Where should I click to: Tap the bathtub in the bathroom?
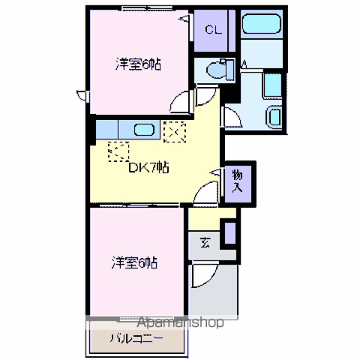(x=262, y=24)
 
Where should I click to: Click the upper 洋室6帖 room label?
(x=138, y=64)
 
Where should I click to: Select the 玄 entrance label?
(x=205, y=242)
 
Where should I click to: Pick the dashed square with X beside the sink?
(x=174, y=130)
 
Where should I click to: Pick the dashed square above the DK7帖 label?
(x=118, y=151)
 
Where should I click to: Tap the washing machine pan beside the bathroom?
(x=272, y=85)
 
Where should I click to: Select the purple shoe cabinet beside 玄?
(x=231, y=233)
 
